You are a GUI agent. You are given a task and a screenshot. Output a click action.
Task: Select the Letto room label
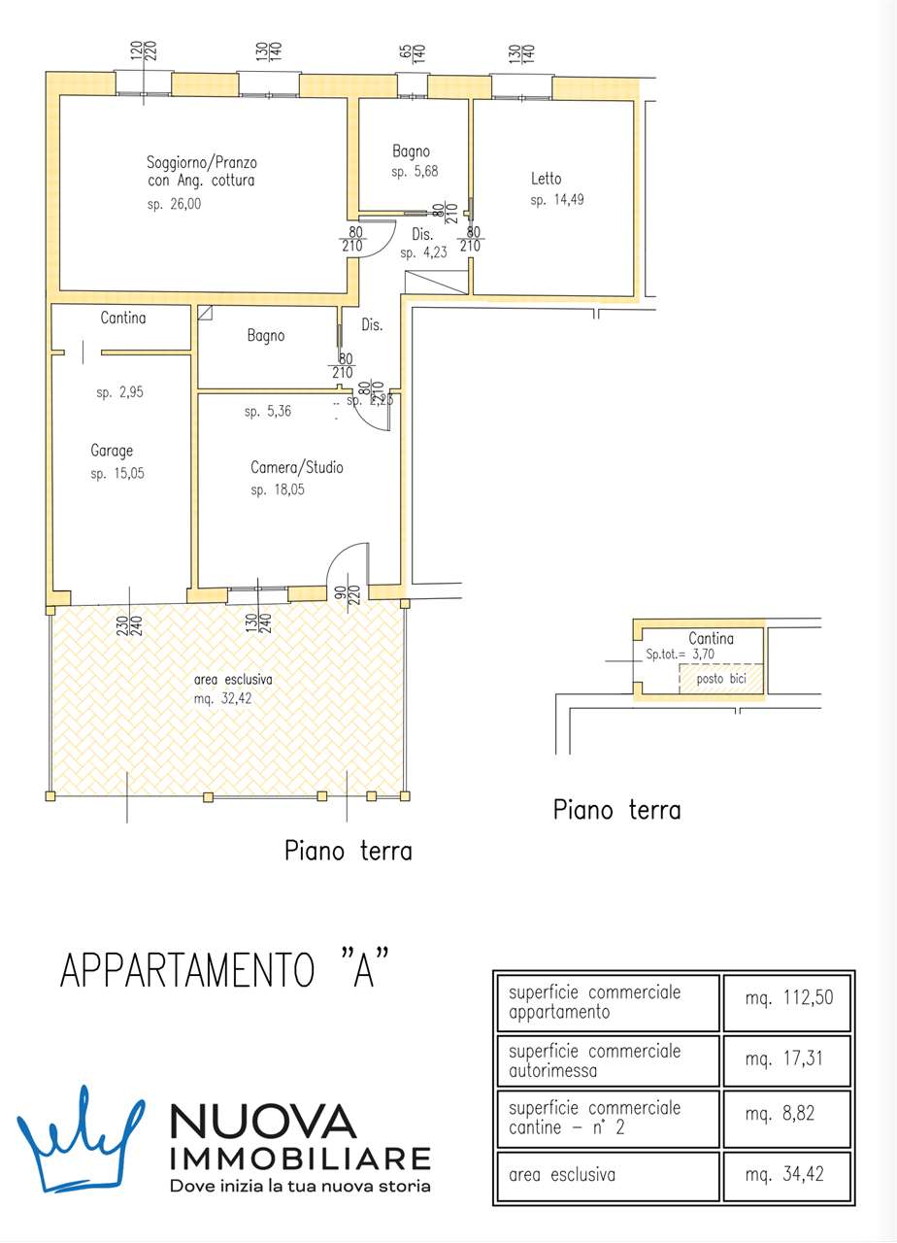click(546, 179)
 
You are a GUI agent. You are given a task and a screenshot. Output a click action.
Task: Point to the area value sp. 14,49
click(557, 201)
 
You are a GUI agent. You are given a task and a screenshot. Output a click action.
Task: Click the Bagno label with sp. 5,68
click(411, 151)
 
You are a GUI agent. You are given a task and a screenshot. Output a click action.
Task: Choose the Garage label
click(112, 451)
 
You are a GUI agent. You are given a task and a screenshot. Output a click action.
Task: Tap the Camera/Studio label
click(296, 468)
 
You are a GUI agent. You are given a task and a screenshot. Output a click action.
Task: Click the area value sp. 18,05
click(278, 490)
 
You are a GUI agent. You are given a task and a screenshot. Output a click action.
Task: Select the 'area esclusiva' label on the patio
click(233, 680)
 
